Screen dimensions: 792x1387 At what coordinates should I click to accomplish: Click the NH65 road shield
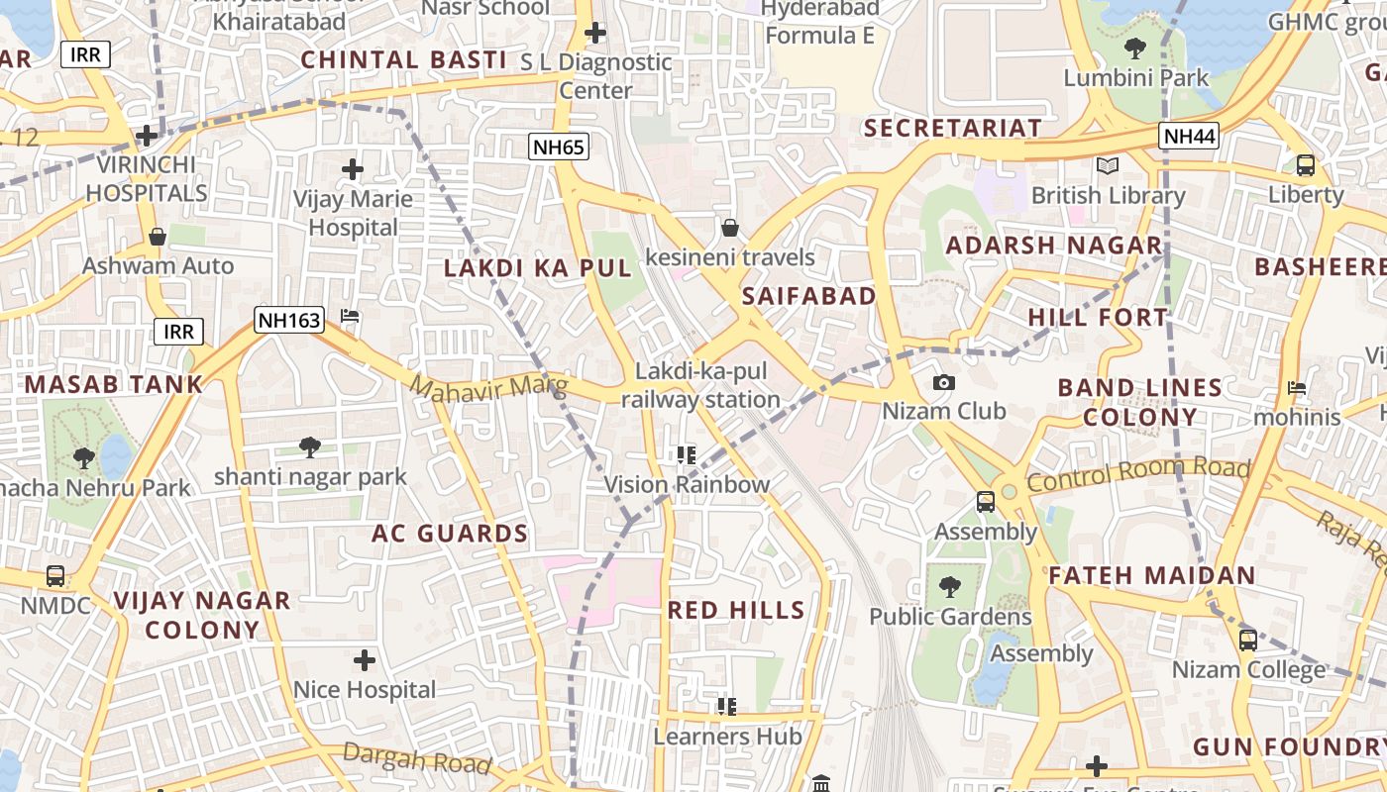pyautogui.click(x=559, y=148)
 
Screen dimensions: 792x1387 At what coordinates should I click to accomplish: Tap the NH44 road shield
pyautogui.click(x=1189, y=137)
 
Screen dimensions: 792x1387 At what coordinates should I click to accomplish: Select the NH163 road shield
pyautogui.click(x=289, y=320)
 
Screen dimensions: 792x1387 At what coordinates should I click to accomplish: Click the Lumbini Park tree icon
pyautogui.click(x=1135, y=48)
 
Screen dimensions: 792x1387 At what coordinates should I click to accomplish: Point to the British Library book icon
pyautogui.click(x=1107, y=165)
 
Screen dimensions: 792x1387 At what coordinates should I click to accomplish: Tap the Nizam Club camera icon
pyautogui.click(x=944, y=382)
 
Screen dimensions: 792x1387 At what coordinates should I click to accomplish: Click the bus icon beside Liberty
pyautogui.click(x=1306, y=165)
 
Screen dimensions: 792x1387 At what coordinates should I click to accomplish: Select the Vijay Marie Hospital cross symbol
pyautogui.click(x=353, y=169)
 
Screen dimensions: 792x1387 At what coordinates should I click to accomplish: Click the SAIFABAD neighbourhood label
pyautogui.click(x=808, y=296)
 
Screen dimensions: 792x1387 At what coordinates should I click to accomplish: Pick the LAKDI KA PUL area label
pyautogui.click(x=537, y=268)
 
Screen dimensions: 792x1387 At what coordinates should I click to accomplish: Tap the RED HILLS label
pyautogui.click(x=736, y=610)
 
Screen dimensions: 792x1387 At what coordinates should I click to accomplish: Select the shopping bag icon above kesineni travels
pyautogui.click(x=730, y=229)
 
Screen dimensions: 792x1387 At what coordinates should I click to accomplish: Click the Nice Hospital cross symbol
pyautogui.click(x=365, y=659)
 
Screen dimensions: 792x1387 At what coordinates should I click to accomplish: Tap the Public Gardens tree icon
pyautogui.click(x=950, y=587)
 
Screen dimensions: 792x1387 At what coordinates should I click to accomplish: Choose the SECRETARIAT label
pyautogui.click(x=953, y=128)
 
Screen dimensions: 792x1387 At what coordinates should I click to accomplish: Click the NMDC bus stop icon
pyautogui.click(x=55, y=576)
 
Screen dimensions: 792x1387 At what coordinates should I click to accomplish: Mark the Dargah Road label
pyautogui.click(x=417, y=758)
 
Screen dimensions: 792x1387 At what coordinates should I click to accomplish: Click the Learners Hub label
pyautogui.click(x=726, y=737)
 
